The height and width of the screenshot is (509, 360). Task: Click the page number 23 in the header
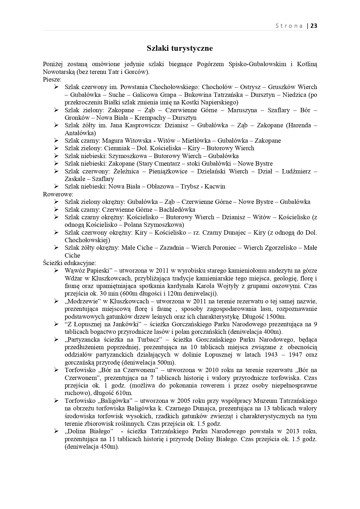tap(314, 26)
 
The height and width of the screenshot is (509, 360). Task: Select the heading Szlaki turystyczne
tap(180, 48)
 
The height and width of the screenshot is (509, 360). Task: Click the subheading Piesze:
tap(52, 79)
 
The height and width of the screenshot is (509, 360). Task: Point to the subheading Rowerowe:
tap(58, 194)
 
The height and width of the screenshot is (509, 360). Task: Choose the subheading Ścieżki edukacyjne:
tap(69, 263)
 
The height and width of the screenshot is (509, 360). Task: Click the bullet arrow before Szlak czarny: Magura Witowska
tap(56, 141)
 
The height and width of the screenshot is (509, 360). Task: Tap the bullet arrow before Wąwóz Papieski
tap(56, 271)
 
